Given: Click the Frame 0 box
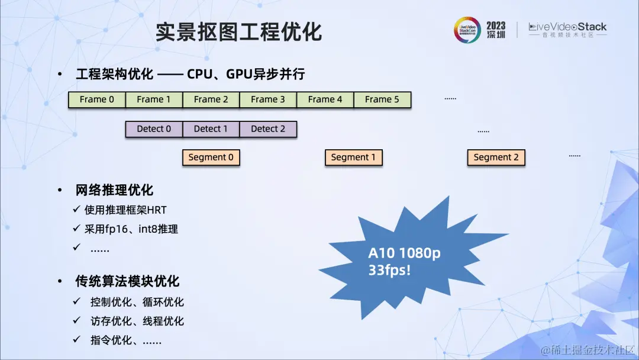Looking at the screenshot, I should (x=97, y=99).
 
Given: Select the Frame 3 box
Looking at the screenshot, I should (x=267, y=99).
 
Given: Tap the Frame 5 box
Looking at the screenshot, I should (x=382, y=99).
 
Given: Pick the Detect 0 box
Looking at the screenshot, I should (x=154, y=128).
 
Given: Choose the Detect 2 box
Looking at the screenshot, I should (x=268, y=128).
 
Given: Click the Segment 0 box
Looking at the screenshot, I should (x=211, y=157).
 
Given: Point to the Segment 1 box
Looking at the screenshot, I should (x=353, y=157).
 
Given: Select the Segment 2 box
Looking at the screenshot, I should (x=496, y=157).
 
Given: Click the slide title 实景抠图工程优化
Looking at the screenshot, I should (x=238, y=32).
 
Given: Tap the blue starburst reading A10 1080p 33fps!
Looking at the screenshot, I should (x=405, y=261).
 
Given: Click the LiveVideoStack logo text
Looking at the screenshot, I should (x=567, y=27).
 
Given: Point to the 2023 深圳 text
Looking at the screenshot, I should (x=496, y=30).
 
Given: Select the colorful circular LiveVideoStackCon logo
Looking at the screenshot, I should (x=467, y=30).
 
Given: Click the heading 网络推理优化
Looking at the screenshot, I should (x=114, y=190).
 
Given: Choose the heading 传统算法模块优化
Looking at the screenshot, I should (x=127, y=281).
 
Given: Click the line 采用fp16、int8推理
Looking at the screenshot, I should (x=131, y=229).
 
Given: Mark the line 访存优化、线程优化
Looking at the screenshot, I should (x=137, y=322).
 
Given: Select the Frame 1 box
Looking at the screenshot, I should (x=154, y=99).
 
